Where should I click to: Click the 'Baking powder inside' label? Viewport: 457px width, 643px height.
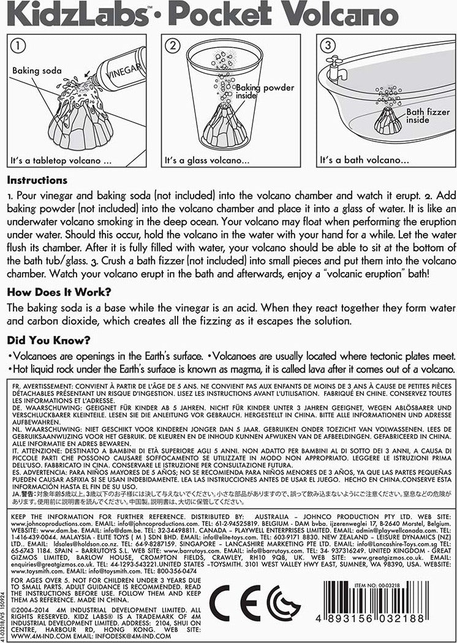point(270,93)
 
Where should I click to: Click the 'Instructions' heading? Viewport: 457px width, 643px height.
point(38,181)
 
